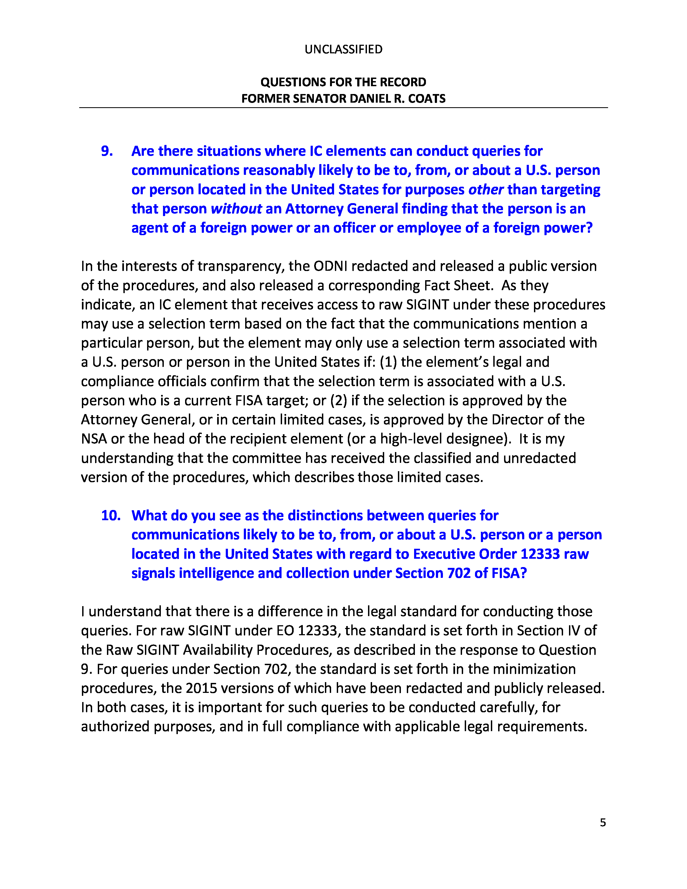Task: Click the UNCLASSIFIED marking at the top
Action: coord(343,49)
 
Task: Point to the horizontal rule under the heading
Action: coord(343,108)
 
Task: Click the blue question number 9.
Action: coord(107,151)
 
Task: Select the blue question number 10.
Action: coord(111,515)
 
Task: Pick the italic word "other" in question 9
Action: coord(486,190)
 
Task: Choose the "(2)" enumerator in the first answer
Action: coord(339,401)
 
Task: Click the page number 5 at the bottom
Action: coord(603,823)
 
